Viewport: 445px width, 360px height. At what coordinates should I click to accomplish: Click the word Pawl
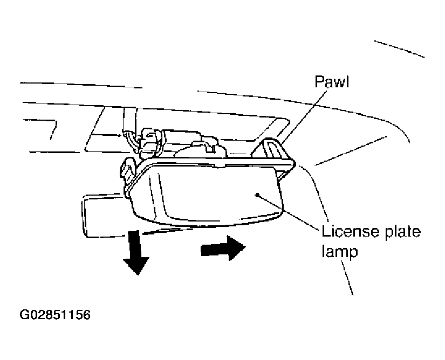[x=332, y=81]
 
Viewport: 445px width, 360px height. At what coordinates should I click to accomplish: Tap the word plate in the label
[x=402, y=232]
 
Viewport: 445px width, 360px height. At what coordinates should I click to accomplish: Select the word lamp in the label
[x=340, y=251]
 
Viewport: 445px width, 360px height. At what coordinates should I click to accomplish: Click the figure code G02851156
[x=55, y=315]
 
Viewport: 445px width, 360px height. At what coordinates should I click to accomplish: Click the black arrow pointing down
[x=136, y=253]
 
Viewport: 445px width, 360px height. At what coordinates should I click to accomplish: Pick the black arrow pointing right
[x=223, y=248]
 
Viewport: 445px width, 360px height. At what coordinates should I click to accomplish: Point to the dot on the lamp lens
[x=257, y=195]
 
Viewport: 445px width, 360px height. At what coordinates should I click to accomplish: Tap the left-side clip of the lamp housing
[x=127, y=172]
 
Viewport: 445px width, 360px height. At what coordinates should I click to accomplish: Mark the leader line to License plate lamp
[x=287, y=210]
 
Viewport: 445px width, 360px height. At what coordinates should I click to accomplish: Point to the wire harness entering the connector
[x=129, y=133]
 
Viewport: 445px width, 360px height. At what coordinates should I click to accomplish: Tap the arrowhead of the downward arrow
[x=136, y=265]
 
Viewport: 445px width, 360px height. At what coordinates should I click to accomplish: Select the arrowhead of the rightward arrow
[x=237, y=248]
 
